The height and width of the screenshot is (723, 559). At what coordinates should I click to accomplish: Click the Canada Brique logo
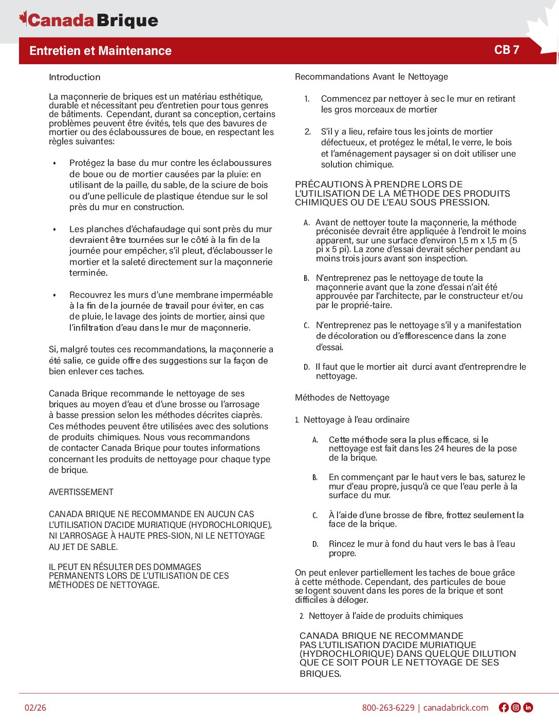tap(88, 20)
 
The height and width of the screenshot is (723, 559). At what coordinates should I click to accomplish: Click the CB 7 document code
tap(507, 50)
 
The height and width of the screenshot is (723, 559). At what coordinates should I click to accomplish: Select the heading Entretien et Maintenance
tap(101, 51)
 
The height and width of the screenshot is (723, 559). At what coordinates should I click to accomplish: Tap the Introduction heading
tap(74, 77)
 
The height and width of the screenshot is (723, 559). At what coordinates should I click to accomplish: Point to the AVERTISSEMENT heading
tap(81, 492)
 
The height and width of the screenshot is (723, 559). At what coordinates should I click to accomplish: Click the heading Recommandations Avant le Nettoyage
tap(371, 77)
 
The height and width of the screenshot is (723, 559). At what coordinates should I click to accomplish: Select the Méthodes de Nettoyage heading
tap(342, 397)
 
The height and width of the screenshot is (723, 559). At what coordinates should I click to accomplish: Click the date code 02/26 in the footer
tap(35, 708)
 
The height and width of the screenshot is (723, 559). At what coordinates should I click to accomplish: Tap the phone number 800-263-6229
tap(388, 708)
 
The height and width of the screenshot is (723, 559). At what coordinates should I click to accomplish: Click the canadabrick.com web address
tap(456, 708)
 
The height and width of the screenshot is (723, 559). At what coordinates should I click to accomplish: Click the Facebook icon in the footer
tap(504, 708)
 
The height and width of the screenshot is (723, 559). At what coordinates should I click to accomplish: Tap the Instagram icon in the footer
tap(516, 708)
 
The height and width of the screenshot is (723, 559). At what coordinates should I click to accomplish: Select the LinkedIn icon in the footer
tap(528, 708)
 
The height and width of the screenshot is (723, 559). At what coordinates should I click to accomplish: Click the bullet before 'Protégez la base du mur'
tap(54, 163)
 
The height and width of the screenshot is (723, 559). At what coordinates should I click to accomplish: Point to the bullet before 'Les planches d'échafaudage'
tap(54, 229)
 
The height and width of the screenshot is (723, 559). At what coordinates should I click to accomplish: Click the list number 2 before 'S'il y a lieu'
tap(307, 131)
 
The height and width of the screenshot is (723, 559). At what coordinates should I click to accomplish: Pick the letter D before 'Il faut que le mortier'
tap(306, 367)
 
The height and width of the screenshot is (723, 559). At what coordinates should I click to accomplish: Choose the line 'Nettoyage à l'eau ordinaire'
tap(357, 420)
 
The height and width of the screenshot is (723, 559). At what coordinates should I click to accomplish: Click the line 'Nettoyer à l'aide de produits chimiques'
tap(385, 616)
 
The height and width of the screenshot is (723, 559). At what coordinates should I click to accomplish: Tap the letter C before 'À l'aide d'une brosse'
tap(315, 516)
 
